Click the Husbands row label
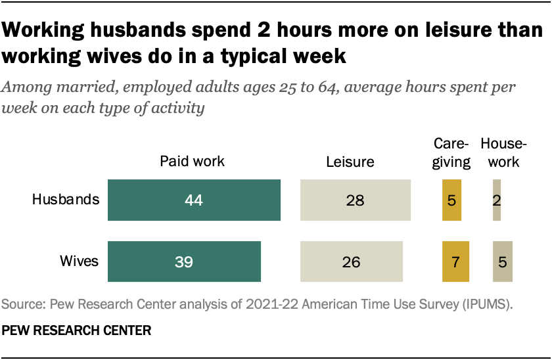point(66,200)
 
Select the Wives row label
point(80,261)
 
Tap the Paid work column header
point(193,162)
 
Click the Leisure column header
point(350,162)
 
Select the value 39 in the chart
point(184,261)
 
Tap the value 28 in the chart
point(355,200)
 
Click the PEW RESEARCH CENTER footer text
point(77,330)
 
